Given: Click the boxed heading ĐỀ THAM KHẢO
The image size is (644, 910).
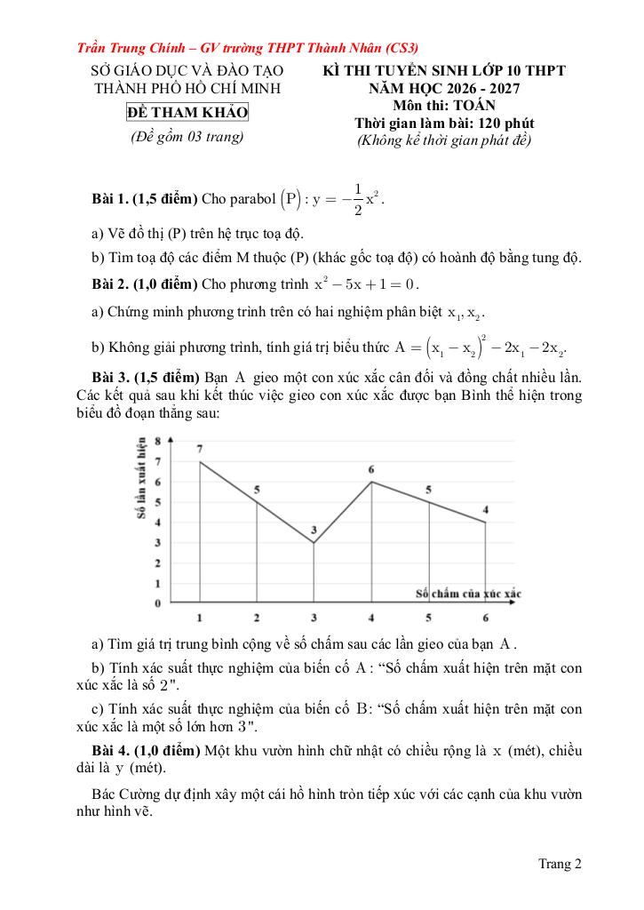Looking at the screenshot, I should (187, 113).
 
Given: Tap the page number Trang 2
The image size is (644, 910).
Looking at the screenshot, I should (560, 863).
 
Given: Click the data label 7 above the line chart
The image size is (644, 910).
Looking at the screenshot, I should (200, 449).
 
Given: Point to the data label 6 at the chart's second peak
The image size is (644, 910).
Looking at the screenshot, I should (371, 469).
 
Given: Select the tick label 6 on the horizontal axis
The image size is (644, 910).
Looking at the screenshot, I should (485, 618).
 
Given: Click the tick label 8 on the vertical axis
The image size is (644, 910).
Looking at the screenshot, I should (157, 441).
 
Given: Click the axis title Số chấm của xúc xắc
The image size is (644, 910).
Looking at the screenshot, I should (468, 593).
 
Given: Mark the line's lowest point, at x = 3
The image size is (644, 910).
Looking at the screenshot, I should (314, 542).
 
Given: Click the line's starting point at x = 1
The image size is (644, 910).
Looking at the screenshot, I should (200, 461).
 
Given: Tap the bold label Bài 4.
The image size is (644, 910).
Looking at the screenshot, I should (110, 751).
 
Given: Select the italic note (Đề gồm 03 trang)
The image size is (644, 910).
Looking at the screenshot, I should (187, 137).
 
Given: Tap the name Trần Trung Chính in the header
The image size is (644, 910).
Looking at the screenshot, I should (123, 48).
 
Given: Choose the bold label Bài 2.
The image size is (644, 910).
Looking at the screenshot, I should (110, 284).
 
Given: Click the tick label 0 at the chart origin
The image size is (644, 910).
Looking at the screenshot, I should (157, 604).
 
